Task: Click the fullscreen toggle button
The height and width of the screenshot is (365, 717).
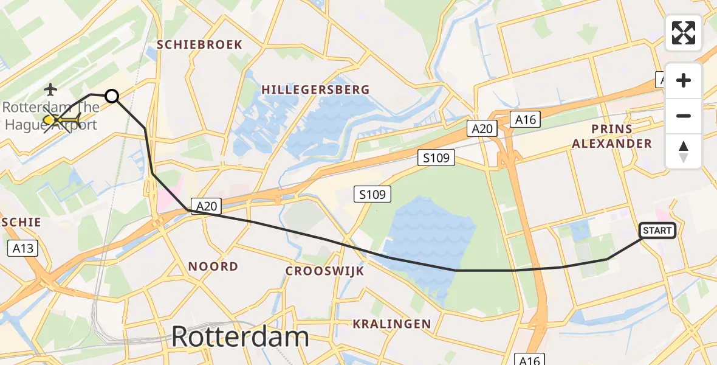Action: tap(684, 33)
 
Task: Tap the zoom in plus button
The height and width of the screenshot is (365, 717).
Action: tap(684, 80)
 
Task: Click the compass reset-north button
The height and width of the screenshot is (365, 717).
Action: tap(684, 151)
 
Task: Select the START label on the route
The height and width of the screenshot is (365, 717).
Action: tap(657, 231)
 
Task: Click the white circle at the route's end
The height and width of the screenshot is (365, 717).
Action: tap(112, 96)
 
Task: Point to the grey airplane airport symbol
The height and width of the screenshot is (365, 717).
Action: tap(50, 90)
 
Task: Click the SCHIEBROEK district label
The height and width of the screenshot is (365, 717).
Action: tap(200, 44)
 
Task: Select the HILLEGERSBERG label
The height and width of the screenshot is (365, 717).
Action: tap(315, 90)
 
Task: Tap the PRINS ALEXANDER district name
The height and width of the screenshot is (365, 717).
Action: tap(620, 137)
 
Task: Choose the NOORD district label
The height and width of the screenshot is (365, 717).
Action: tap(213, 266)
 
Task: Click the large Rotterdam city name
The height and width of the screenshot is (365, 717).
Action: tap(240, 336)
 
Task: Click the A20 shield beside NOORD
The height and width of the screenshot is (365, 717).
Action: tap(206, 206)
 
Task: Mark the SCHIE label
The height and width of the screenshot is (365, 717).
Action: tap(21, 222)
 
